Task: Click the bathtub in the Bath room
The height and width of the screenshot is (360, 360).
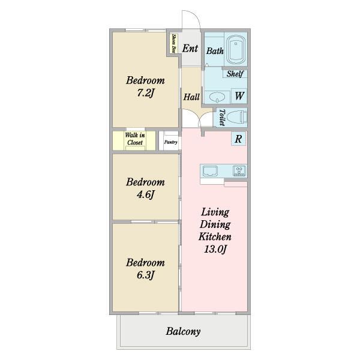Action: click(x=236, y=50)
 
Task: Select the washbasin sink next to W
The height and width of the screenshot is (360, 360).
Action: click(x=217, y=97)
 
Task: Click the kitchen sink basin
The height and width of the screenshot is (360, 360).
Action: click(x=209, y=171)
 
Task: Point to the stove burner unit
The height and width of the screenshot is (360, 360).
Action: click(x=239, y=171)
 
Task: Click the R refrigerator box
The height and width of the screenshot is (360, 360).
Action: click(x=238, y=139)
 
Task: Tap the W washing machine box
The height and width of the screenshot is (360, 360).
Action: click(x=239, y=96)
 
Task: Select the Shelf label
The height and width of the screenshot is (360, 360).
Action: click(x=235, y=74)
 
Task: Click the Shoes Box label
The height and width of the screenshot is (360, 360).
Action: click(x=174, y=43)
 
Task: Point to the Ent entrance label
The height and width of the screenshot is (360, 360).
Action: click(x=190, y=49)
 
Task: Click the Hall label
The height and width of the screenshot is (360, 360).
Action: click(x=191, y=97)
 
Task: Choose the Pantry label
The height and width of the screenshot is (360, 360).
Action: click(x=171, y=142)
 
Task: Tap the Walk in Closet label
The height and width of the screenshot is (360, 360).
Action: click(x=135, y=139)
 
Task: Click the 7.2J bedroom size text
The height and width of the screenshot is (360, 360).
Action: click(x=145, y=93)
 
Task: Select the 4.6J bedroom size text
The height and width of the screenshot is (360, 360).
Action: click(x=145, y=195)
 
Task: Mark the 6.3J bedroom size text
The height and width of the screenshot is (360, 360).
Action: click(x=145, y=275)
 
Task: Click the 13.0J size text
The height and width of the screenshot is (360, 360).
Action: click(x=215, y=249)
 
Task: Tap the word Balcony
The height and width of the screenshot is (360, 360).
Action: click(x=183, y=331)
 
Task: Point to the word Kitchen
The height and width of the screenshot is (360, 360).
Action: click(x=215, y=236)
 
